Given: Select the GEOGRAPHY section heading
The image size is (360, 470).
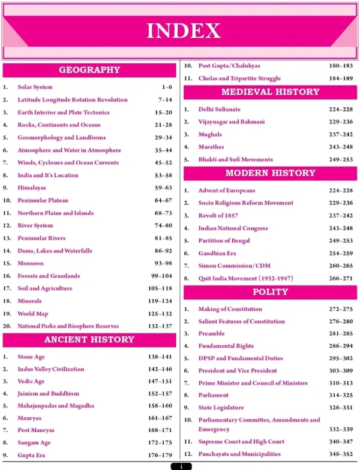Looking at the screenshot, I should click(x=89, y=70).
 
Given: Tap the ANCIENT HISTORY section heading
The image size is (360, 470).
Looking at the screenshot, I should click(x=89, y=339).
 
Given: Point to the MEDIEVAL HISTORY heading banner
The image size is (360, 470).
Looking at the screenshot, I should click(x=270, y=92).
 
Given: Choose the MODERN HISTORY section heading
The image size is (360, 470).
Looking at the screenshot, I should click(x=270, y=173).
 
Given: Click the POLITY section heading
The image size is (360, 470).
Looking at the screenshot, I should click(x=270, y=292).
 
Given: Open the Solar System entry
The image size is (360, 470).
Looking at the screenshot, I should click(x=35, y=87).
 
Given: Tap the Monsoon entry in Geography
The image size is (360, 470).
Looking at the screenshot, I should click(x=31, y=263).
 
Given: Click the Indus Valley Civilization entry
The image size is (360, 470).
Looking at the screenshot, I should click(x=51, y=369).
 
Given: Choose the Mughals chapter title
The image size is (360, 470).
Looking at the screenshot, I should click(x=210, y=134).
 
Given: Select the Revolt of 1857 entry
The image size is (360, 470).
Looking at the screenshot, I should click(x=220, y=215).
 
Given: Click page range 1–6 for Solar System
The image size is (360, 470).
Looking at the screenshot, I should click(x=167, y=87).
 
